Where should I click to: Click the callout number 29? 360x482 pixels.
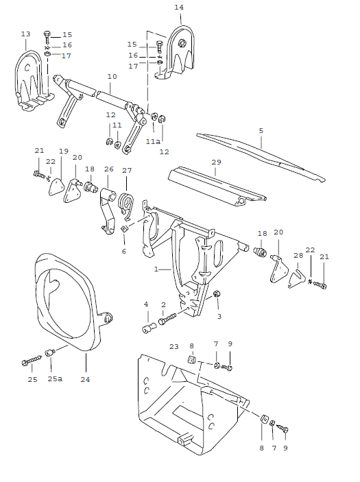click(x=217, y=162)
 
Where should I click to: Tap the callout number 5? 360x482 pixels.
click(x=261, y=130)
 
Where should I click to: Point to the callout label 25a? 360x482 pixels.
click(x=56, y=378)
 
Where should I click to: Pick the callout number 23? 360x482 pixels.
click(x=173, y=347)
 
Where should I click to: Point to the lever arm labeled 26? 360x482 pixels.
click(x=108, y=209)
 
